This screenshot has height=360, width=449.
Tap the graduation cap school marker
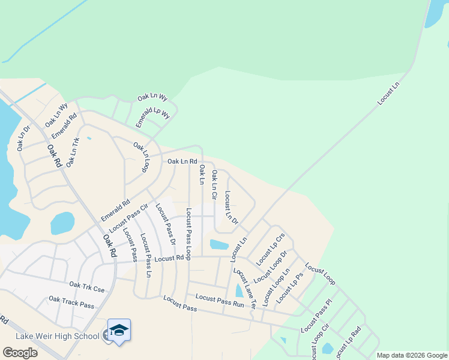[119, 330]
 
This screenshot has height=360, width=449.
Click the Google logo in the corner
[20, 352]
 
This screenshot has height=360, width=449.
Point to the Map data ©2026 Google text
[411, 355]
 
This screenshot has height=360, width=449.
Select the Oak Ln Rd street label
[182, 161]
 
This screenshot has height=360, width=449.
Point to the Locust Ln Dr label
[231, 207]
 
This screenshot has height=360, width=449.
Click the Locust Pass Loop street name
[188, 234]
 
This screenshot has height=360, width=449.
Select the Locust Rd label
[167, 259]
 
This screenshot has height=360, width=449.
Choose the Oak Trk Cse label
[86, 287]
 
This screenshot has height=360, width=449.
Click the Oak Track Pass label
[71, 302]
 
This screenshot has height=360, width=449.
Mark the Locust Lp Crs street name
[270, 249]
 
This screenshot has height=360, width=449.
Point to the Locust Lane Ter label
[245, 287]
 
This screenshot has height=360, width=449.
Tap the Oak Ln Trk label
[73, 152]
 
